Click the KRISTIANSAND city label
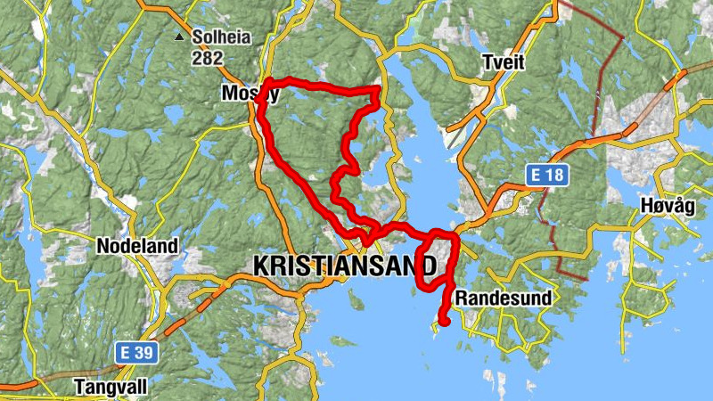[345, 266]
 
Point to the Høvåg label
[667, 207]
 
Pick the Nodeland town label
[137, 246]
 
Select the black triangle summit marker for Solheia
[180, 37]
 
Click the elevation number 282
[208, 58]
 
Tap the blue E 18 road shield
[545, 175]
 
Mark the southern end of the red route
[443, 322]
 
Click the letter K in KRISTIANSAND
[261, 266]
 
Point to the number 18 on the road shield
[553, 175]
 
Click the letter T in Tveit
[486, 62]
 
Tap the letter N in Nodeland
[102, 246]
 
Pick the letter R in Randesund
[460, 298]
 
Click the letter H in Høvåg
[646, 207]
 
